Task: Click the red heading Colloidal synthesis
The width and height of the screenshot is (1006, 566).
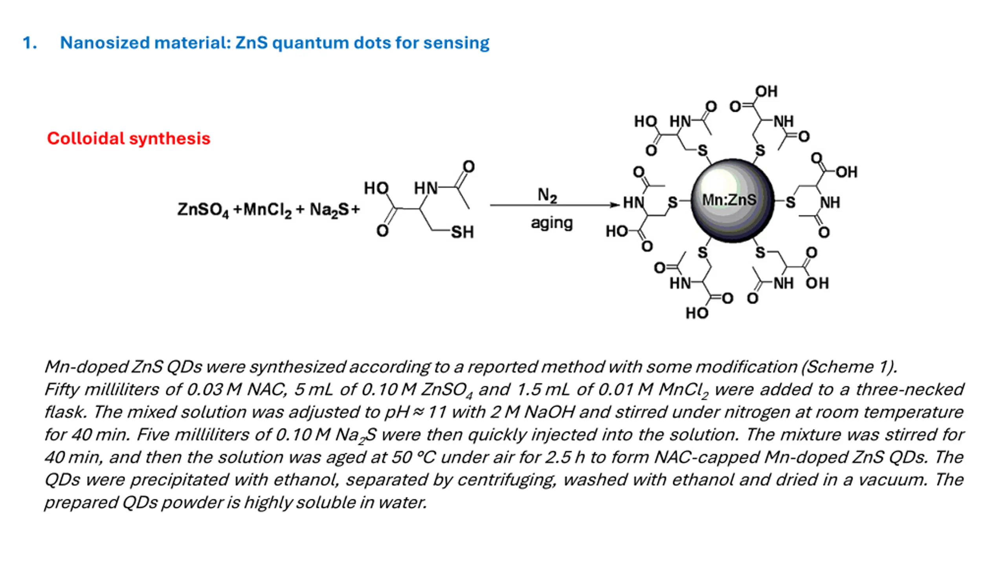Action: tap(129, 138)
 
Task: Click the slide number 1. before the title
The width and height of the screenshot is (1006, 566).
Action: tap(30, 43)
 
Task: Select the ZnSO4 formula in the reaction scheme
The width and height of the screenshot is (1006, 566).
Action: tap(203, 209)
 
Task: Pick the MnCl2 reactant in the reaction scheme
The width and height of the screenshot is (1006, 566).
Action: tap(268, 209)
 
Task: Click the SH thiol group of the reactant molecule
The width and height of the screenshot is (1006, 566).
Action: tap(462, 232)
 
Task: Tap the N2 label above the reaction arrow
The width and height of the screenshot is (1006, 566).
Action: tap(547, 195)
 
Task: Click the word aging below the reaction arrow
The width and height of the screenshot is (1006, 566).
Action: tap(552, 223)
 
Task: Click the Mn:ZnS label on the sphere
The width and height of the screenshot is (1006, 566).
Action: tap(729, 200)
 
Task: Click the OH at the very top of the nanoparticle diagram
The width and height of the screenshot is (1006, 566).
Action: tap(766, 91)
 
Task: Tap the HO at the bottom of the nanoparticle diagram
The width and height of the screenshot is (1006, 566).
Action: tap(697, 313)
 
